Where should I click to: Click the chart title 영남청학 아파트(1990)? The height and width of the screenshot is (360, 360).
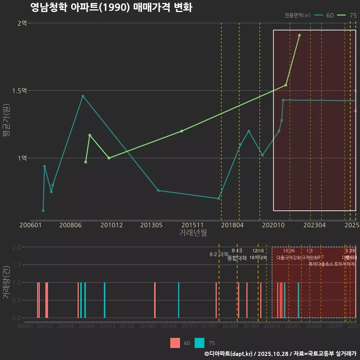pos(111,7)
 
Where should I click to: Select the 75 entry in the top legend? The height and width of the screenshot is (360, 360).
pos(348,15)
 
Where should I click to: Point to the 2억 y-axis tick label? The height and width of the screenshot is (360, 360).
pos(22,23)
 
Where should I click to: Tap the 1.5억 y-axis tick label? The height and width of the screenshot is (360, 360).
pos(19,91)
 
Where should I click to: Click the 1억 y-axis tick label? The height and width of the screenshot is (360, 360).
pos(22,158)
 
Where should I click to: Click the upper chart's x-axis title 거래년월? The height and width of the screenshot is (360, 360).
pos(193,232)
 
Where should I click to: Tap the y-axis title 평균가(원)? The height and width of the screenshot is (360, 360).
pos(6,121)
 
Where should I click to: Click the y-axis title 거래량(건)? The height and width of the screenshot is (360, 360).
pos(6,282)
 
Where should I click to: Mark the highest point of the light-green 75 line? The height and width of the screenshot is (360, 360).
pos(299,35)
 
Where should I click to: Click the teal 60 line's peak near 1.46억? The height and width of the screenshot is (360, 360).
pos(83,96)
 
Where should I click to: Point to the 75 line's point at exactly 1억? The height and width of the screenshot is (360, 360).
pos(109,158)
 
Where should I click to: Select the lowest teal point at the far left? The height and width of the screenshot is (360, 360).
pos(43,211)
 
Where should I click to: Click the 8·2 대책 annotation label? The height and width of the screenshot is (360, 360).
pos(219,254)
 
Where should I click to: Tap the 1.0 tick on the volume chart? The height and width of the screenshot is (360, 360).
pos(17,282)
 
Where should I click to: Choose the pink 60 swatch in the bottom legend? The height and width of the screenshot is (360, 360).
pos(175,343)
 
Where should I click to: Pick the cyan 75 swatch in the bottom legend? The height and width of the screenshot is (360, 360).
pos(199,343)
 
